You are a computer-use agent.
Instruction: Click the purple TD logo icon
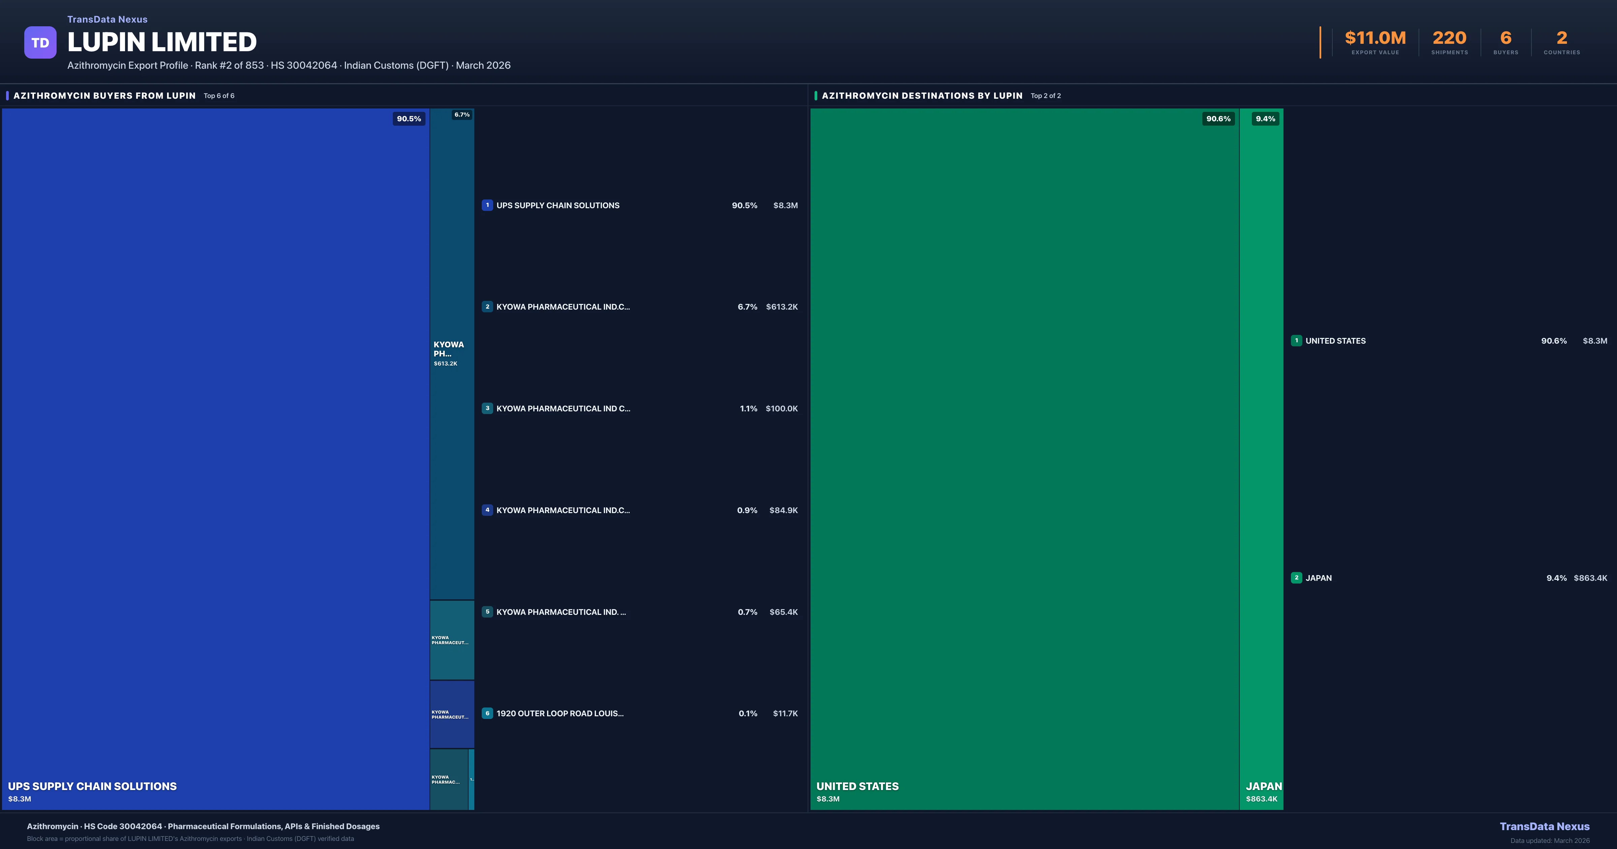tap(40, 43)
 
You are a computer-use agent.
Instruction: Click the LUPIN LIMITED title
tap(162, 42)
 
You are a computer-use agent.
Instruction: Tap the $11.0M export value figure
tap(1375, 38)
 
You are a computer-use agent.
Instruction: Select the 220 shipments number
tap(1449, 38)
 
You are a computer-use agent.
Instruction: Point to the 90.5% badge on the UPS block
tap(409, 119)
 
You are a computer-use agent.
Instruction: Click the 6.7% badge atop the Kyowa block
tap(462, 115)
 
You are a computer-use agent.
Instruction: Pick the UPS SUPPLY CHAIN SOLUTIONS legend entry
tap(558, 205)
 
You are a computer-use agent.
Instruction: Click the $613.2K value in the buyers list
tap(782, 307)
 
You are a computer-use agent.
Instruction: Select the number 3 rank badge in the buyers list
tap(487, 408)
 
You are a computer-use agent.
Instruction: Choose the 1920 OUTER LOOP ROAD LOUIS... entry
tap(559, 713)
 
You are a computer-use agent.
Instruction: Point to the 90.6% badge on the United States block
tap(1218, 119)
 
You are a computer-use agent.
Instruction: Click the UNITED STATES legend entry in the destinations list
tap(1335, 341)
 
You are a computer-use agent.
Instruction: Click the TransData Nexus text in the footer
tap(1544, 826)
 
